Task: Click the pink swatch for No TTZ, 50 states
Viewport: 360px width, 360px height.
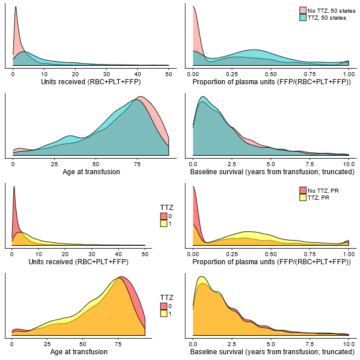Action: point(302,10)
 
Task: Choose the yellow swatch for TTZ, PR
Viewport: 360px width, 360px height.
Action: point(302,197)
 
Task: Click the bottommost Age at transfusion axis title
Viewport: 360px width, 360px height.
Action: point(78,351)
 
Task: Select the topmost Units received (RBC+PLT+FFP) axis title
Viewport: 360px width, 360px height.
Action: point(91,82)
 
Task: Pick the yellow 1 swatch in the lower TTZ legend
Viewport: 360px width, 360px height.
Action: point(164,313)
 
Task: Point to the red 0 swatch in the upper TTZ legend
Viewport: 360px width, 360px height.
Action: point(164,216)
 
